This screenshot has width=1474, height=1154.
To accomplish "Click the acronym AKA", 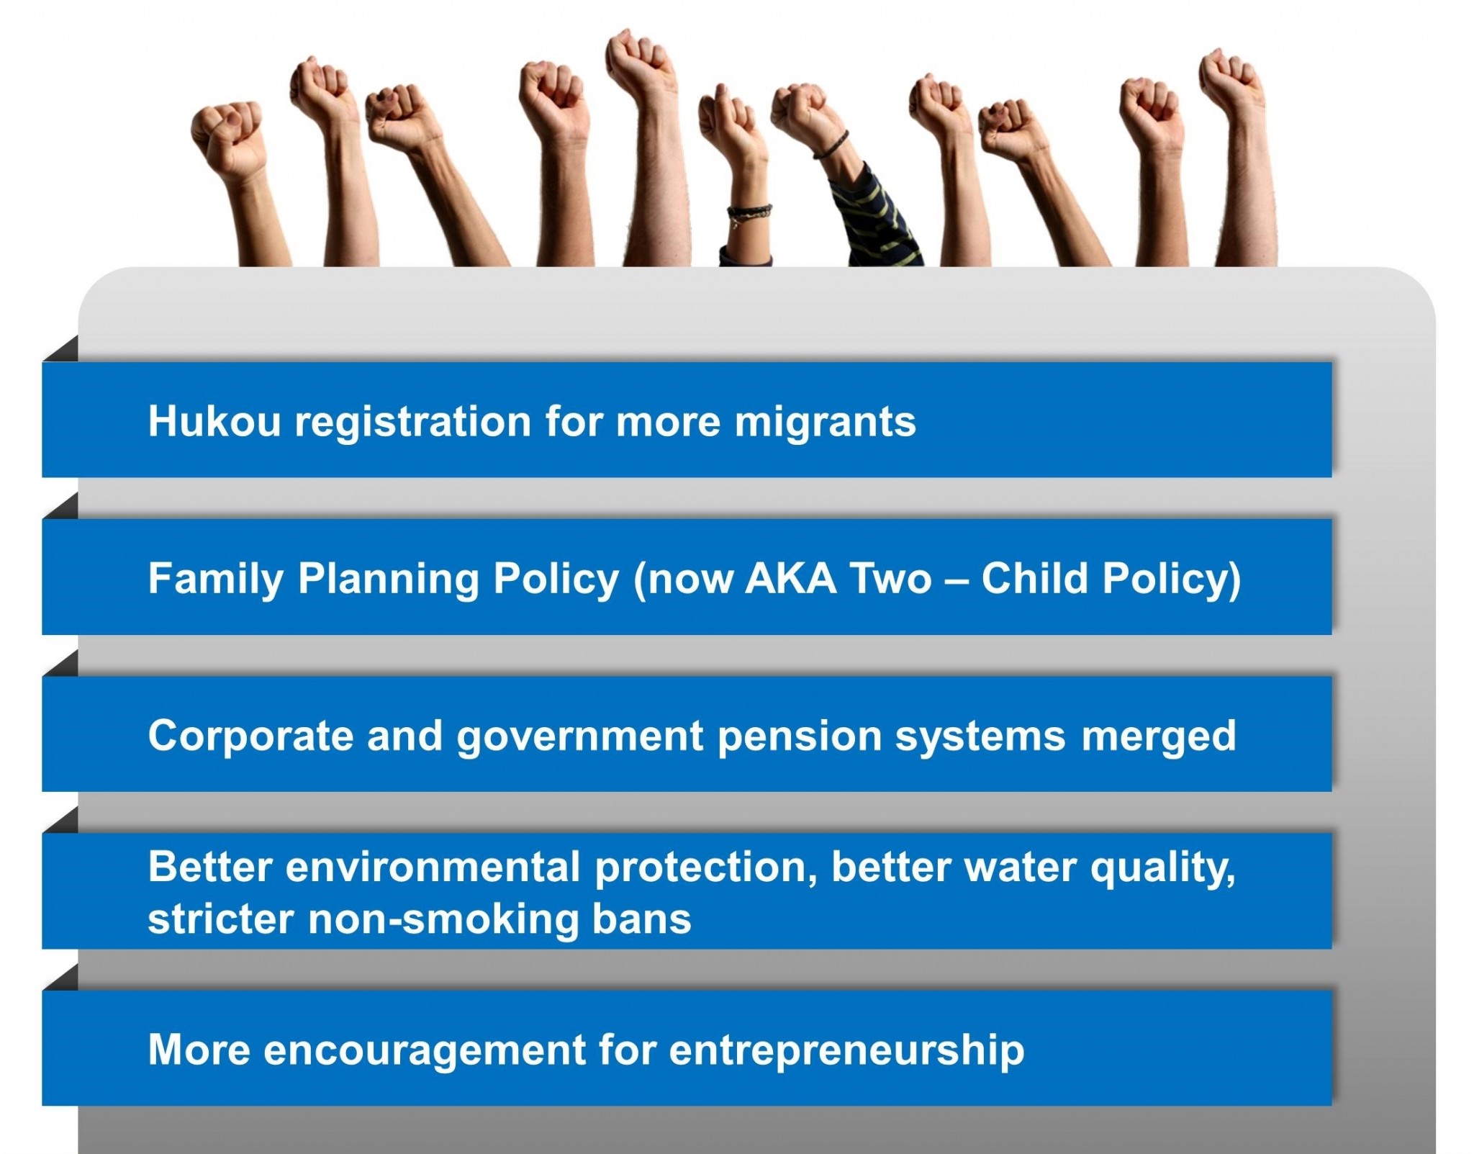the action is (791, 577).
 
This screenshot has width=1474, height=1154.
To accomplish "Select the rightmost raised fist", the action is (1231, 79).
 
